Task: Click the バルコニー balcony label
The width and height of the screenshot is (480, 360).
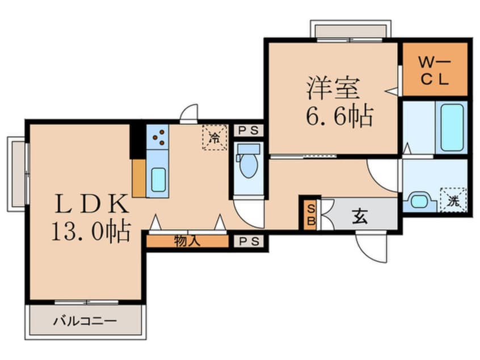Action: click(85, 321)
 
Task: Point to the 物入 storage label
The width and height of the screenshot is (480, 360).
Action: click(187, 241)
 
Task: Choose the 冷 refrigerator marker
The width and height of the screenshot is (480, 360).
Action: click(214, 137)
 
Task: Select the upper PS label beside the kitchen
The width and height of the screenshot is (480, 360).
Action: click(248, 130)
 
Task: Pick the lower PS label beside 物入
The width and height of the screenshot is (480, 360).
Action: click(248, 241)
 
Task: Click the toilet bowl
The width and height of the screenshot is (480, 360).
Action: click(248, 164)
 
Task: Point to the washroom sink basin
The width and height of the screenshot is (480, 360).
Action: click(419, 200)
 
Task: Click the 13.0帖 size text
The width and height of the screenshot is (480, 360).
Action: click(91, 231)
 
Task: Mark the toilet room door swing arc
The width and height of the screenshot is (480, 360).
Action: click(250, 213)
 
